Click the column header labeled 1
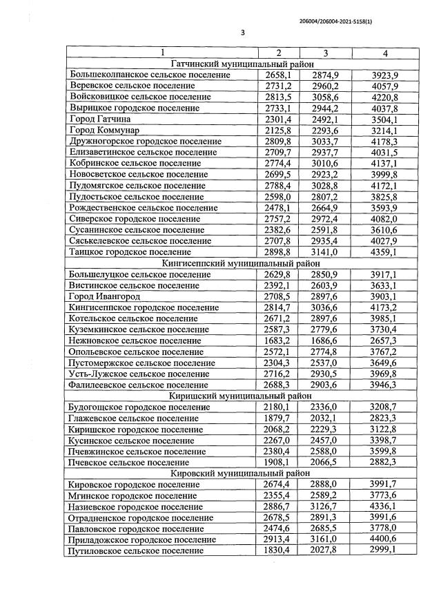[161, 52]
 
